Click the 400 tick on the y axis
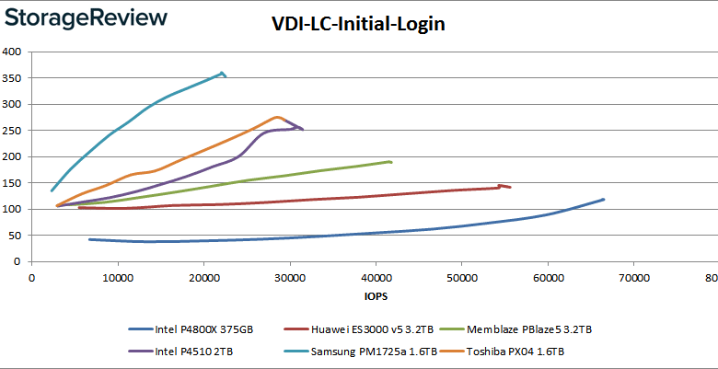tap(13, 52)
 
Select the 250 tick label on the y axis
tap(13, 130)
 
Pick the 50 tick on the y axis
tap(16, 236)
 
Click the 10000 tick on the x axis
tap(117, 279)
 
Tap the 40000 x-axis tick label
tap(376, 279)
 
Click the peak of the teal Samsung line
tap(222, 73)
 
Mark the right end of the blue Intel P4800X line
tap(604, 199)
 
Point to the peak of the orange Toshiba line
tap(277, 117)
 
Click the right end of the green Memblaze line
tap(391, 162)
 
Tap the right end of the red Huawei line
tap(510, 187)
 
